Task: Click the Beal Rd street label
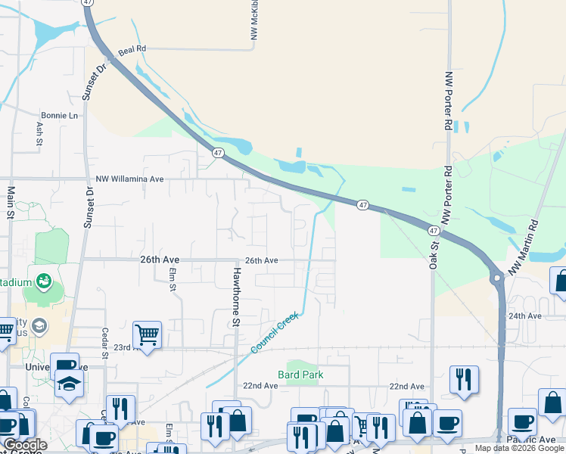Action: coord(132,48)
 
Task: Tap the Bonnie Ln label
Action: coord(59,116)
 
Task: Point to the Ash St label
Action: coord(39,133)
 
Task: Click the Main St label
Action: coord(11,202)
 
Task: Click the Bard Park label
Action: coord(300,374)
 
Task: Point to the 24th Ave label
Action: coord(525,316)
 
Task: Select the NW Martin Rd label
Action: coord(524,247)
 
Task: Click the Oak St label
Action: coord(434,250)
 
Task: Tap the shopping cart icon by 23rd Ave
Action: coord(147,333)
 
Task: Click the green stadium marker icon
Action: coord(42,282)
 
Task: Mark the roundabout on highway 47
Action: coord(497,278)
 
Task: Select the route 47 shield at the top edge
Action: coord(88,3)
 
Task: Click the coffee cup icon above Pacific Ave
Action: coord(523,421)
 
